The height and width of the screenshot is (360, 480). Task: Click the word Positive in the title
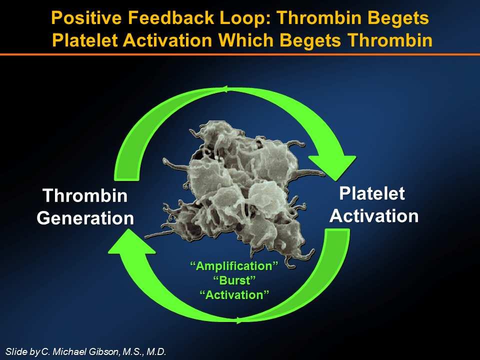[x=86, y=18]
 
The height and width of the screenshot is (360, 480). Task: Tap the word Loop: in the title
[x=245, y=18]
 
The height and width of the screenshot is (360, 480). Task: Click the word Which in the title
[x=246, y=40]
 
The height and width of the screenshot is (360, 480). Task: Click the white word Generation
[x=85, y=218]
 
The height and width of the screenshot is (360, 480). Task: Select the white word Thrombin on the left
[x=85, y=195]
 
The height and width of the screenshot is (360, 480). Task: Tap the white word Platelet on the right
[x=372, y=193]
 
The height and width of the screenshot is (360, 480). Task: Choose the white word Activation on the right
[x=374, y=216]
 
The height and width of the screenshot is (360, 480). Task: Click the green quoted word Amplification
[x=234, y=265]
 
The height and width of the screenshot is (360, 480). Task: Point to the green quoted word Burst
[x=234, y=280]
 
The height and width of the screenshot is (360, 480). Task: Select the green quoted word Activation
[x=234, y=295]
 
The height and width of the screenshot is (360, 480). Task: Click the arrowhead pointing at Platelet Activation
[x=333, y=167]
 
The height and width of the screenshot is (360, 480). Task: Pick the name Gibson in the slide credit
[x=103, y=351]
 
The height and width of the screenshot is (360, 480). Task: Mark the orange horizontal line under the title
[x=240, y=54]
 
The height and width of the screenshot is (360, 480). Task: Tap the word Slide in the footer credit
[x=16, y=351]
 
